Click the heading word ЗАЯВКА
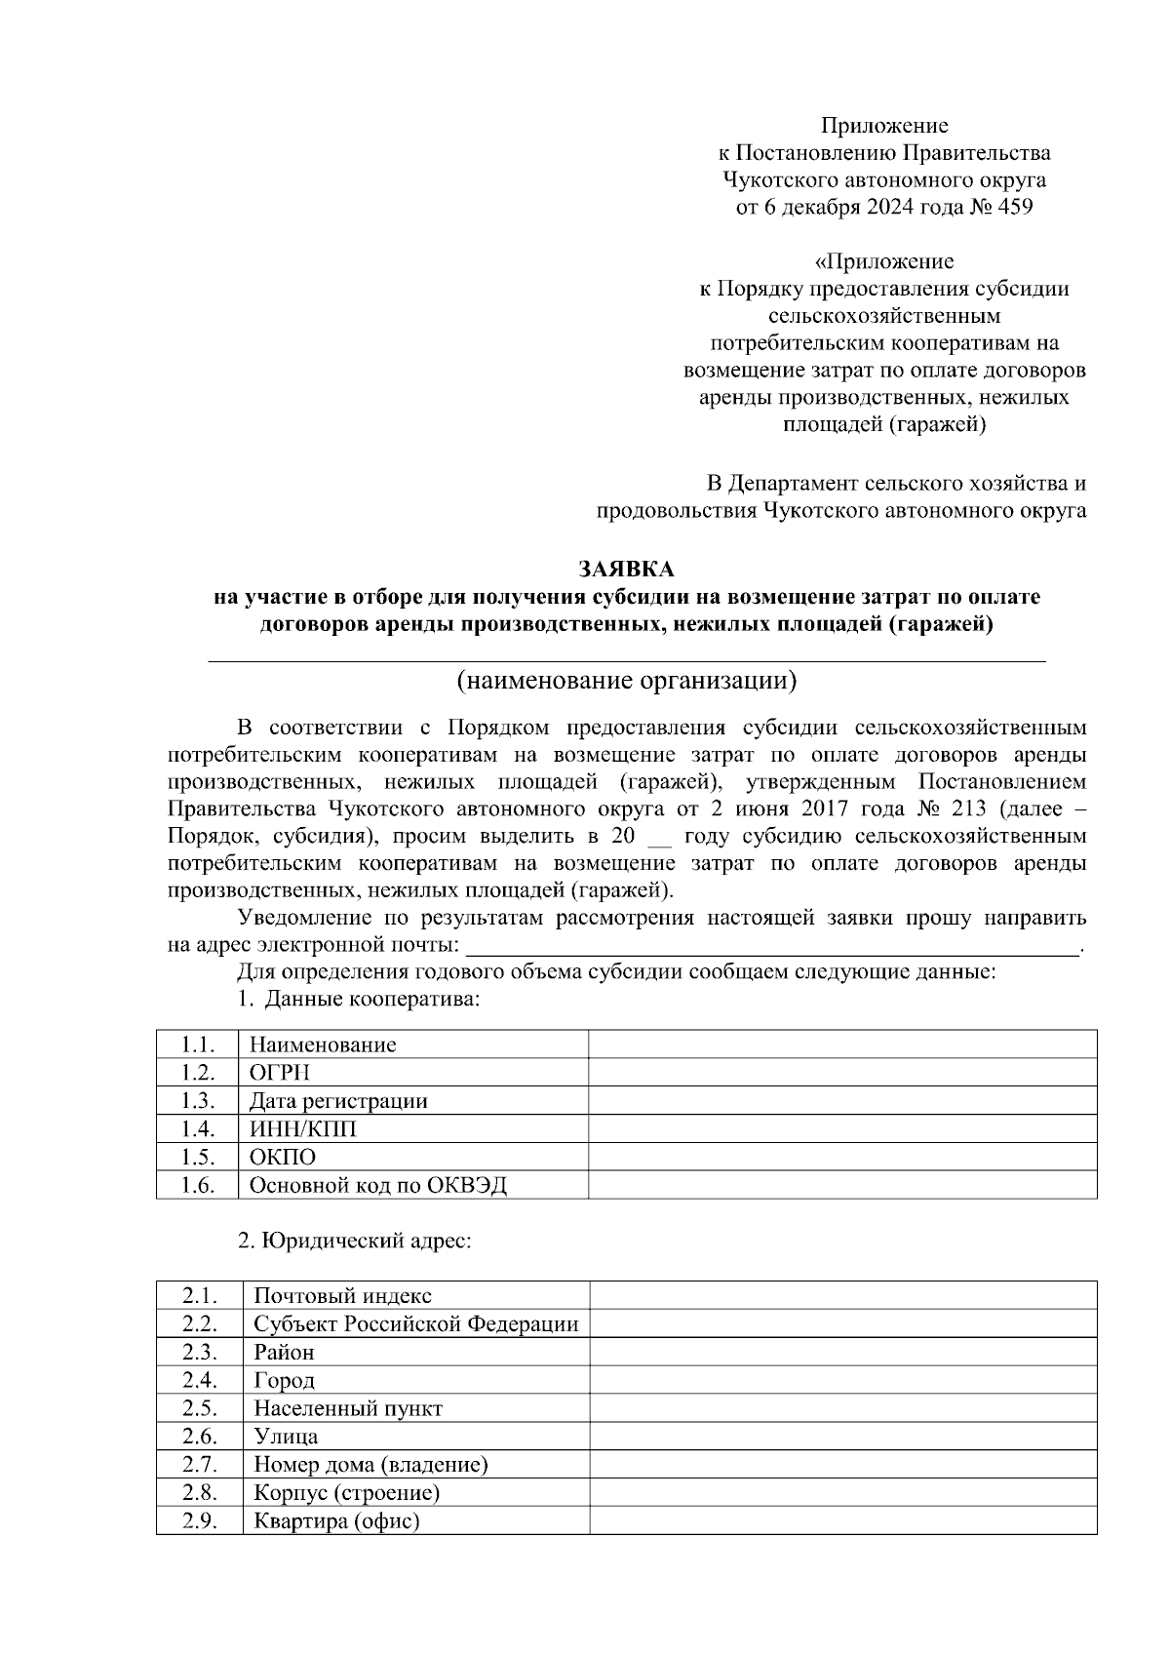click(x=627, y=569)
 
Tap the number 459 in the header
click(x=1013, y=207)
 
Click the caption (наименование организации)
click(x=627, y=680)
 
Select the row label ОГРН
click(x=280, y=1073)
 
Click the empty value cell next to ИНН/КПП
click(x=842, y=1129)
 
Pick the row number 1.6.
click(x=197, y=1186)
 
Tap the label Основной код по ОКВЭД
click(x=378, y=1186)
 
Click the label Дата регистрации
click(x=338, y=1101)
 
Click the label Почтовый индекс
click(x=342, y=1296)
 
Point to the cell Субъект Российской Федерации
click(x=415, y=1324)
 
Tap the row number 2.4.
click(x=199, y=1380)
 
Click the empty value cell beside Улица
click(x=842, y=1437)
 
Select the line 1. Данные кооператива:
click(x=359, y=1000)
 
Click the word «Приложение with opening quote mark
click(x=883, y=261)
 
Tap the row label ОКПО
click(x=283, y=1158)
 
